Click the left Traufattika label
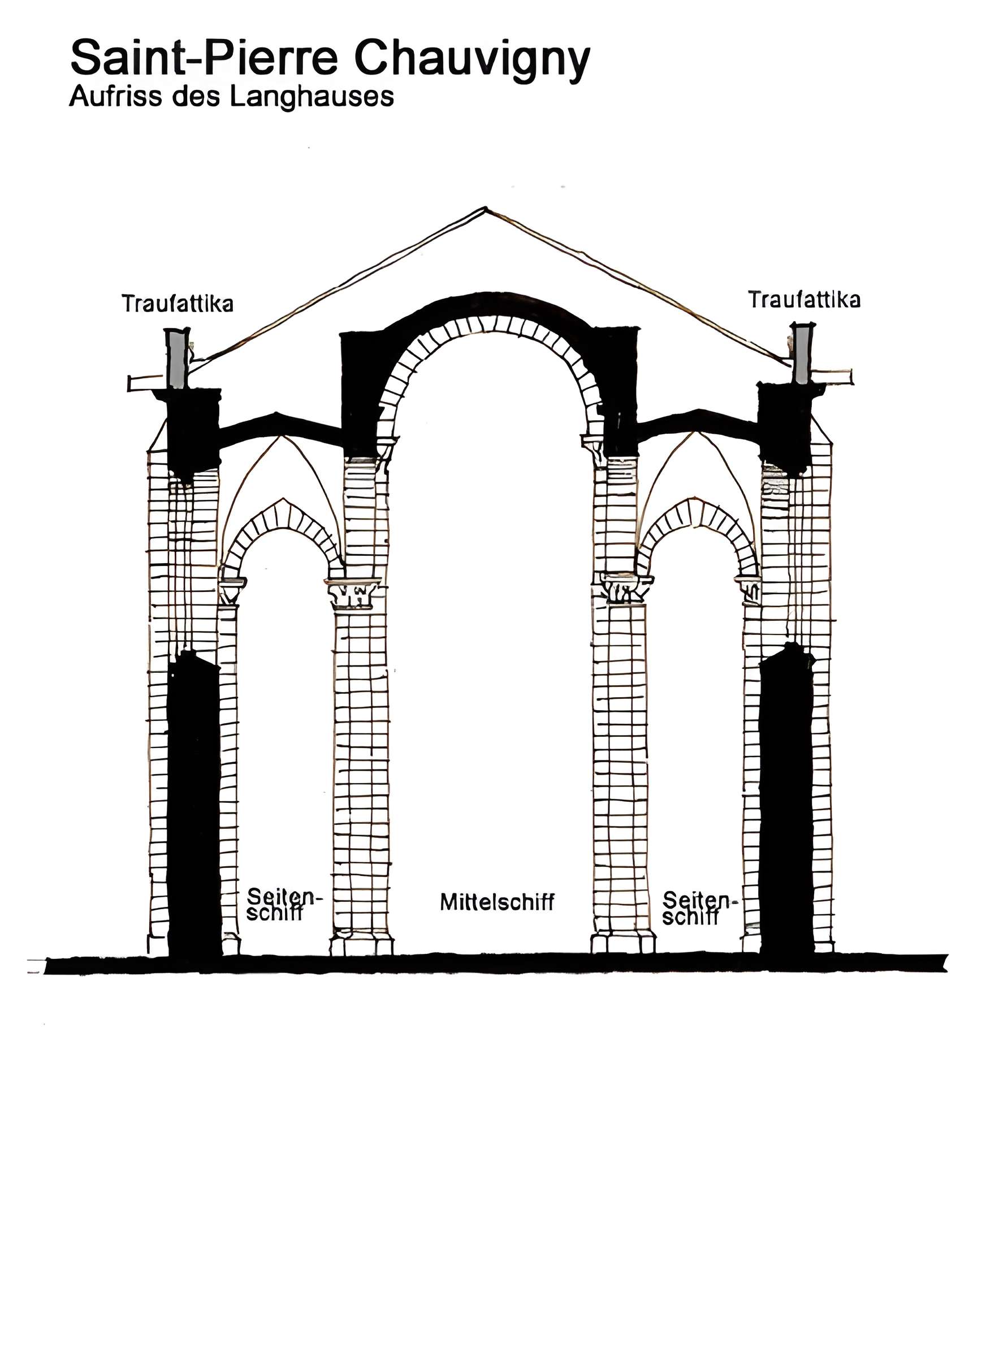[x=178, y=304]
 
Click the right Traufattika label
[x=804, y=300]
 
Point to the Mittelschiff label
[x=497, y=902]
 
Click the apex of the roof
[x=486, y=209]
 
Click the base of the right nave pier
[x=623, y=943]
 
